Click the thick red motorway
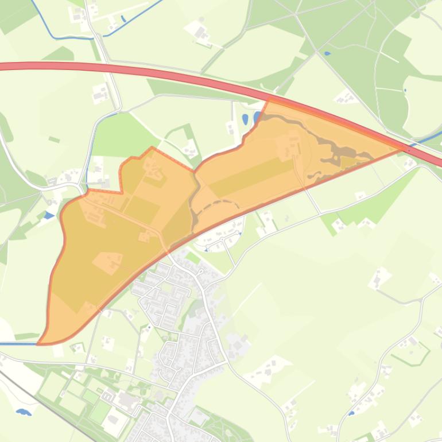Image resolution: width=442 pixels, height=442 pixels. [x=172, y=72]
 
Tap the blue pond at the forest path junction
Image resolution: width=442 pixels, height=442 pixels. [x=327, y=53]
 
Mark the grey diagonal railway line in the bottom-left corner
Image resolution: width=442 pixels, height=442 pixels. [x=46, y=396]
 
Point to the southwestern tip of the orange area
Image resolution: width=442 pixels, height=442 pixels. [x=39, y=343]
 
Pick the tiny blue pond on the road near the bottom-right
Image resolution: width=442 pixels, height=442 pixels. [x=351, y=412]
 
